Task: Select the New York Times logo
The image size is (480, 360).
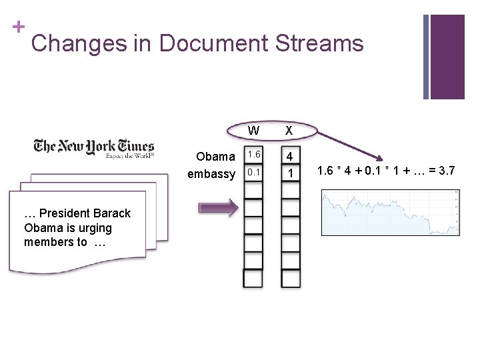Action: pyautogui.click(x=94, y=147)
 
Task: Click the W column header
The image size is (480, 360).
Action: pyautogui.click(x=253, y=129)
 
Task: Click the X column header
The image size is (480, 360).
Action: pyautogui.click(x=289, y=129)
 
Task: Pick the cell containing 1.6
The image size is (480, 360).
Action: pyautogui.click(x=253, y=155)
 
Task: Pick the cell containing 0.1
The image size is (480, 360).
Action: pyautogui.click(x=253, y=172)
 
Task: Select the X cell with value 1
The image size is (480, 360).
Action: pyautogui.click(x=290, y=173)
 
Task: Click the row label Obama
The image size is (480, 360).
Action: pyautogui.click(x=215, y=157)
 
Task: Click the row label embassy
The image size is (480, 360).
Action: pyautogui.click(x=211, y=174)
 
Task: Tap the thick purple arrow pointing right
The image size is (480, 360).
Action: pyautogui.click(x=217, y=208)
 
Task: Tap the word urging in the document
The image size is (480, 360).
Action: pyautogui.click(x=93, y=228)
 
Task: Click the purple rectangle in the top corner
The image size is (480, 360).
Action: pyautogui.click(x=447, y=57)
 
